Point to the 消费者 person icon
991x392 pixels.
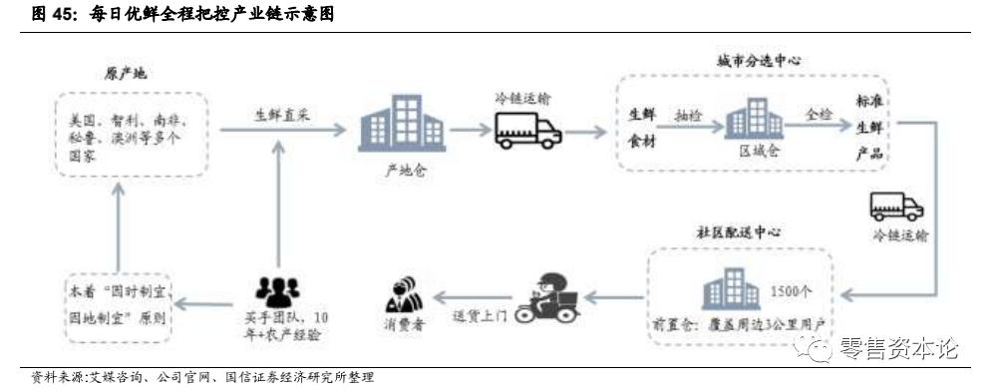[405, 295]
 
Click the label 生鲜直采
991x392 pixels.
[278, 115]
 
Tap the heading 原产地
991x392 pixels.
[126, 75]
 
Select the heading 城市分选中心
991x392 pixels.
[759, 60]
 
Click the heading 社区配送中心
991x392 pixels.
[739, 231]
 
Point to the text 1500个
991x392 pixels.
[792, 292]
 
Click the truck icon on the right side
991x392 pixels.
[896, 205]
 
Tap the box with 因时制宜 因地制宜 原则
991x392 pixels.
[117, 306]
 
